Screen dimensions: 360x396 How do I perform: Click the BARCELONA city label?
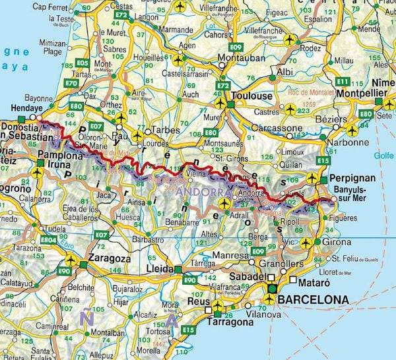click(314, 300)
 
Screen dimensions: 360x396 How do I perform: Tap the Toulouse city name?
click(251, 96)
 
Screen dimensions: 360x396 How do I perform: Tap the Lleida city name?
click(159, 270)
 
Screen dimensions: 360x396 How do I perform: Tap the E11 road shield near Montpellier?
click(342, 80)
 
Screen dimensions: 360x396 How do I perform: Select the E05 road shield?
click(82, 63)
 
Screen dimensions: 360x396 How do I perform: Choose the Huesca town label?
click(109, 215)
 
